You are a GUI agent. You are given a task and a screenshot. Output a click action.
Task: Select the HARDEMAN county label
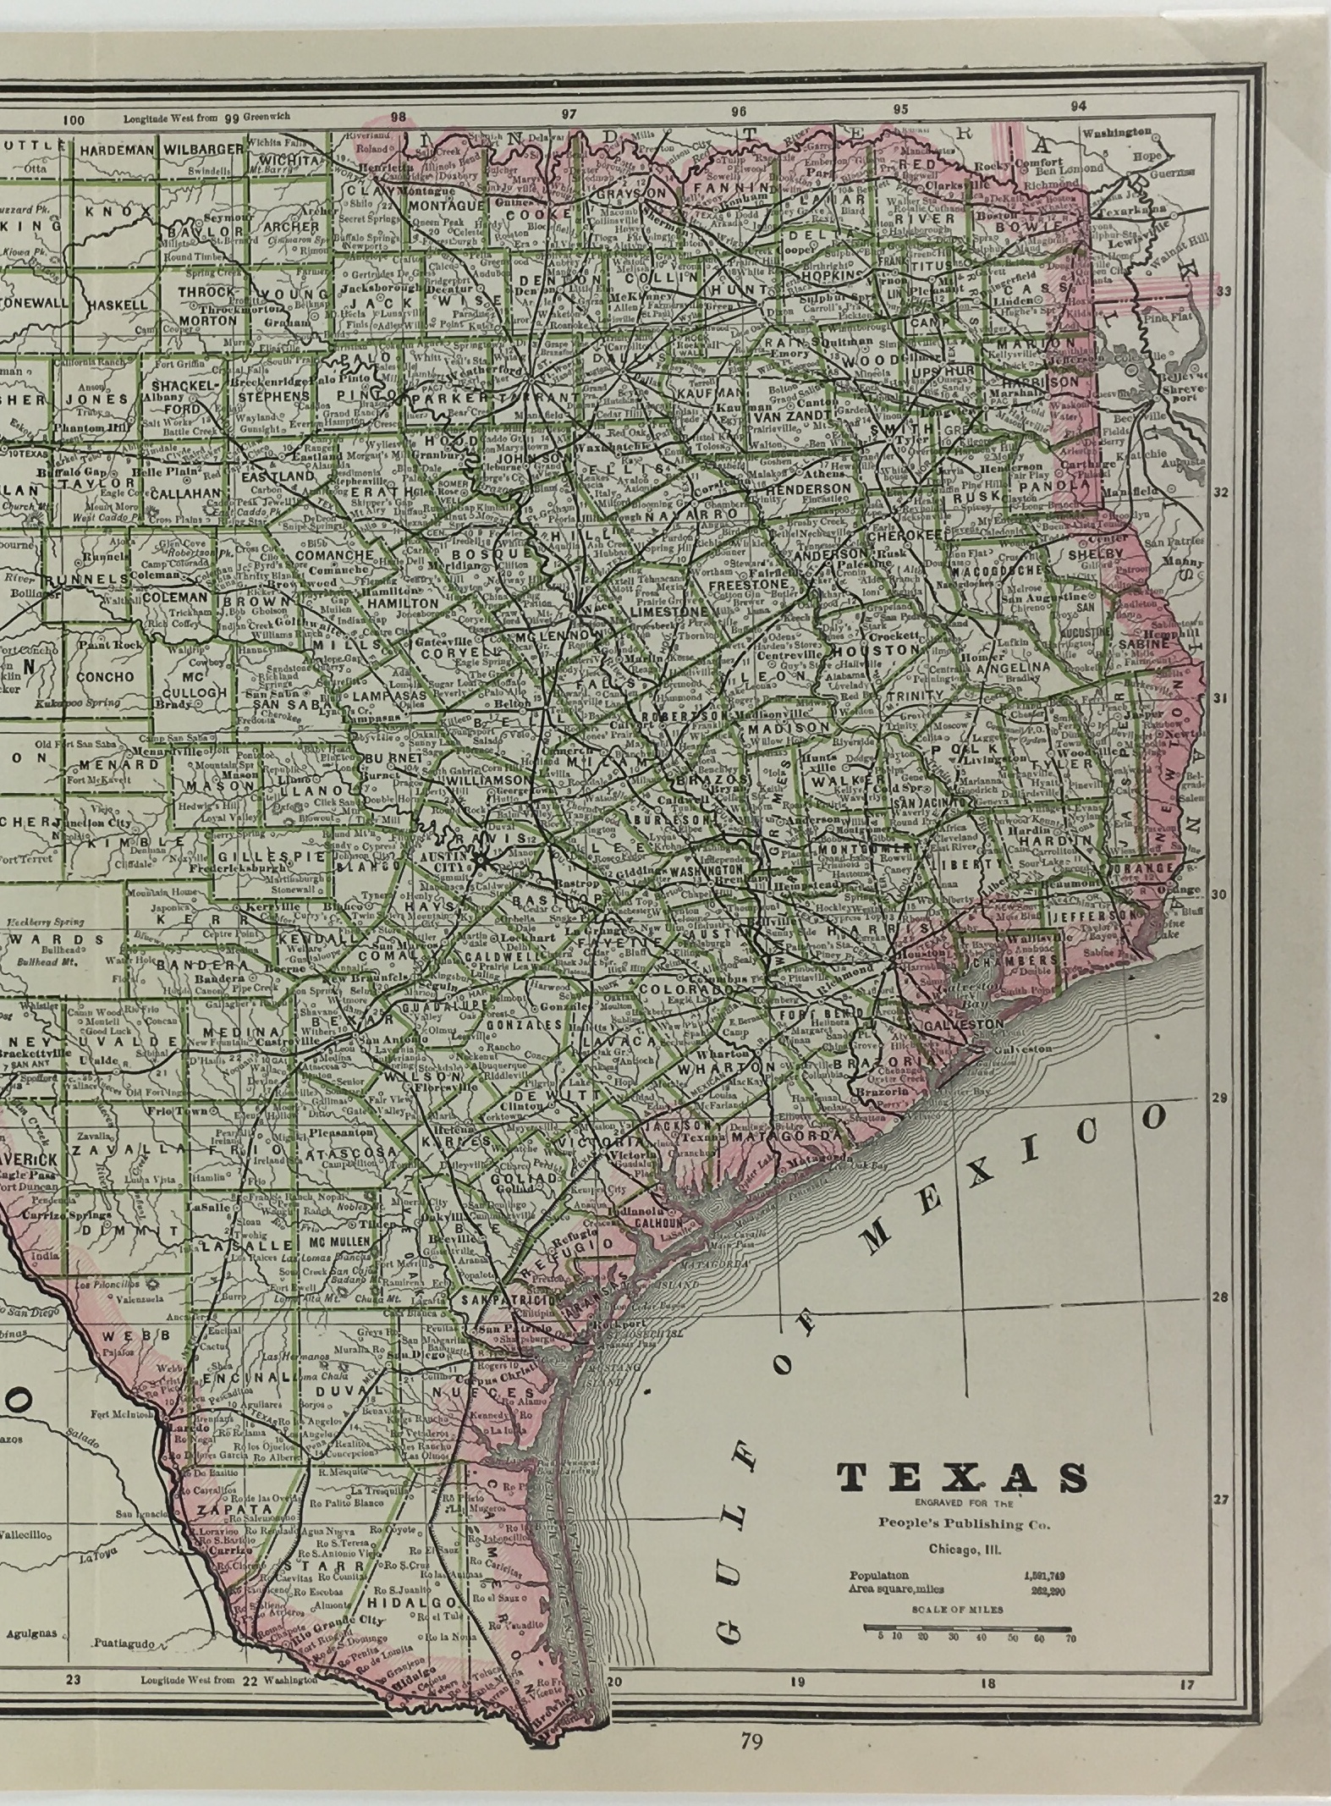point(117,150)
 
